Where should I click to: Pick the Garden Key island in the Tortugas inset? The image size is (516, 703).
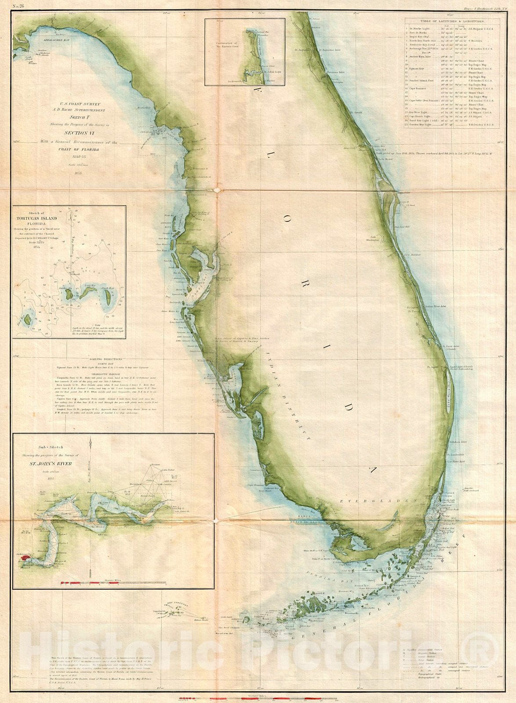click(x=69, y=292)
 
